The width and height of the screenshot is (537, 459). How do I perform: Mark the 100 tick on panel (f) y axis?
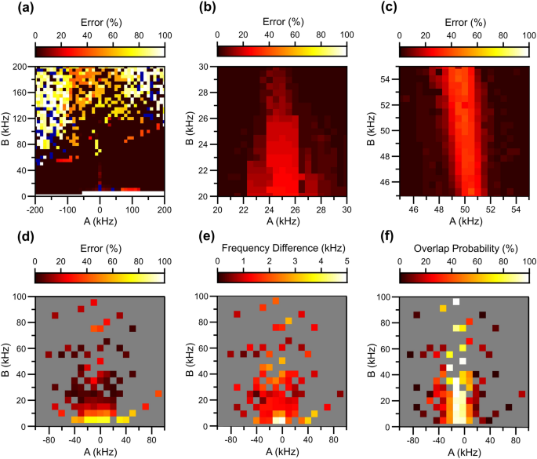(x=386, y=297)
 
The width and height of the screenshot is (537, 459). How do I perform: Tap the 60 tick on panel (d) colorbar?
(x=112, y=261)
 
